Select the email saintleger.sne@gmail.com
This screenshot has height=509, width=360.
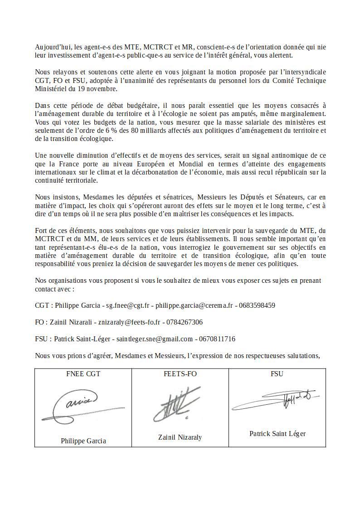[x=155, y=339]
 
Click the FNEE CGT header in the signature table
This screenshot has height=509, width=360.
[x=83, y=374]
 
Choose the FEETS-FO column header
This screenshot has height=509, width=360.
[x=180, y=374]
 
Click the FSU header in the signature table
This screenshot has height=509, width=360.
[x=277, y=374]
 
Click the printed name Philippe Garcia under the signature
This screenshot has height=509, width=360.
[x=83, y=441]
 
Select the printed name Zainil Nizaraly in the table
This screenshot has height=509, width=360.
[x=180, y=437]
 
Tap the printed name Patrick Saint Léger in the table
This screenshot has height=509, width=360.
[x=277, y=434]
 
